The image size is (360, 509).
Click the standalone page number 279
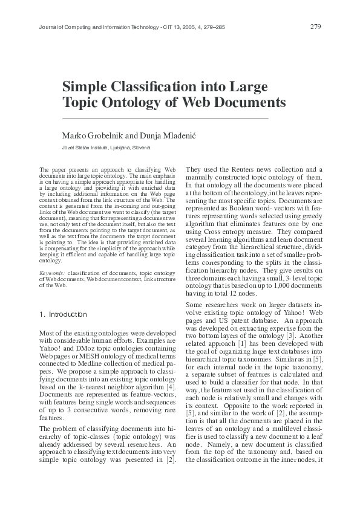point(315,27)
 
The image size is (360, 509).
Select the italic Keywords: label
point(52,274)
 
